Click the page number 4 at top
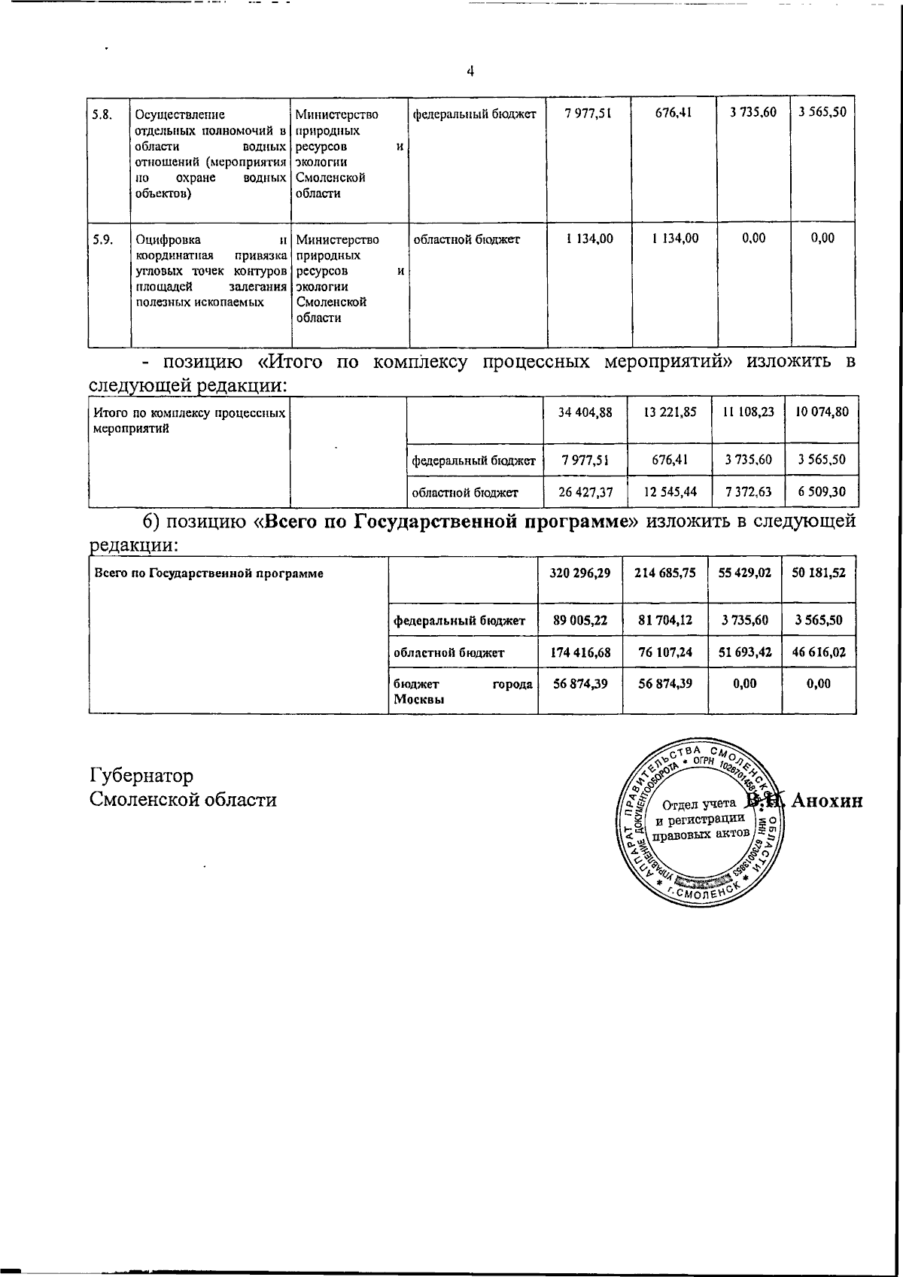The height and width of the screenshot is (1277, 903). coord(470,72)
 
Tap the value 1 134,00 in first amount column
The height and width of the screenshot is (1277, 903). coord(589,239)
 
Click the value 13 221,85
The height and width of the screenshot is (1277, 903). coord(670,412)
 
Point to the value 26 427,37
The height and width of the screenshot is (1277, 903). coord(585,492)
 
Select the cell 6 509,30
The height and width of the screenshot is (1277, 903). coord(822,492)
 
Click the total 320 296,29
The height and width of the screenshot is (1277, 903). coord(579,573)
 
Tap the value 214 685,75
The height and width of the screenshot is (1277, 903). coord(664,573)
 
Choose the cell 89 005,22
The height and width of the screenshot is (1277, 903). coord(579,621)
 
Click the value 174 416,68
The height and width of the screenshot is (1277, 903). coord(579,652)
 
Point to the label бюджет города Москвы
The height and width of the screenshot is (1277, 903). coord(463,692)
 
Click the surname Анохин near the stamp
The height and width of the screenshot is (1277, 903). coord(825,801)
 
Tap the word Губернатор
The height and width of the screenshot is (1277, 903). coord(141,775)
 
